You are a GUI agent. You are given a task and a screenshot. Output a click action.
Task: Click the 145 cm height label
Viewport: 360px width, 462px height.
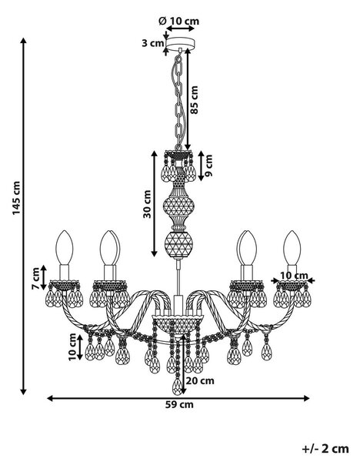coord(16,198)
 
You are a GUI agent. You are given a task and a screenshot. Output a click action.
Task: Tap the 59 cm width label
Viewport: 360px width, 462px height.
coord(179,404)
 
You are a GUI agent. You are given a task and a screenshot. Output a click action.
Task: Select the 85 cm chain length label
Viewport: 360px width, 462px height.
coord(195,100)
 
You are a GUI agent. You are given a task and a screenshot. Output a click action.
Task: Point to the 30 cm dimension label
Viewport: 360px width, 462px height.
coord(147,204)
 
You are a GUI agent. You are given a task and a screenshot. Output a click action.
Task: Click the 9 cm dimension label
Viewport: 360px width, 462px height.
coord(208,166)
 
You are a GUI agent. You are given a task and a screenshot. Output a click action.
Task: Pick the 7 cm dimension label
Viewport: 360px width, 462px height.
coord(35,279)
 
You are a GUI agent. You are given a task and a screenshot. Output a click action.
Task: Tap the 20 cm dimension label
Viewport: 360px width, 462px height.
coord(200,380)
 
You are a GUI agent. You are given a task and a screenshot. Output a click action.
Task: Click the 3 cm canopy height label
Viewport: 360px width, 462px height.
coord(152,43)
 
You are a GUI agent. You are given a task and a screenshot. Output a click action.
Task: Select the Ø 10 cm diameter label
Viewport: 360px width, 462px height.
coord(178,21)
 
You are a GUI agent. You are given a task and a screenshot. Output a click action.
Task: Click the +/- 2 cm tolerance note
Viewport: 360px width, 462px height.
coord(325,449)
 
